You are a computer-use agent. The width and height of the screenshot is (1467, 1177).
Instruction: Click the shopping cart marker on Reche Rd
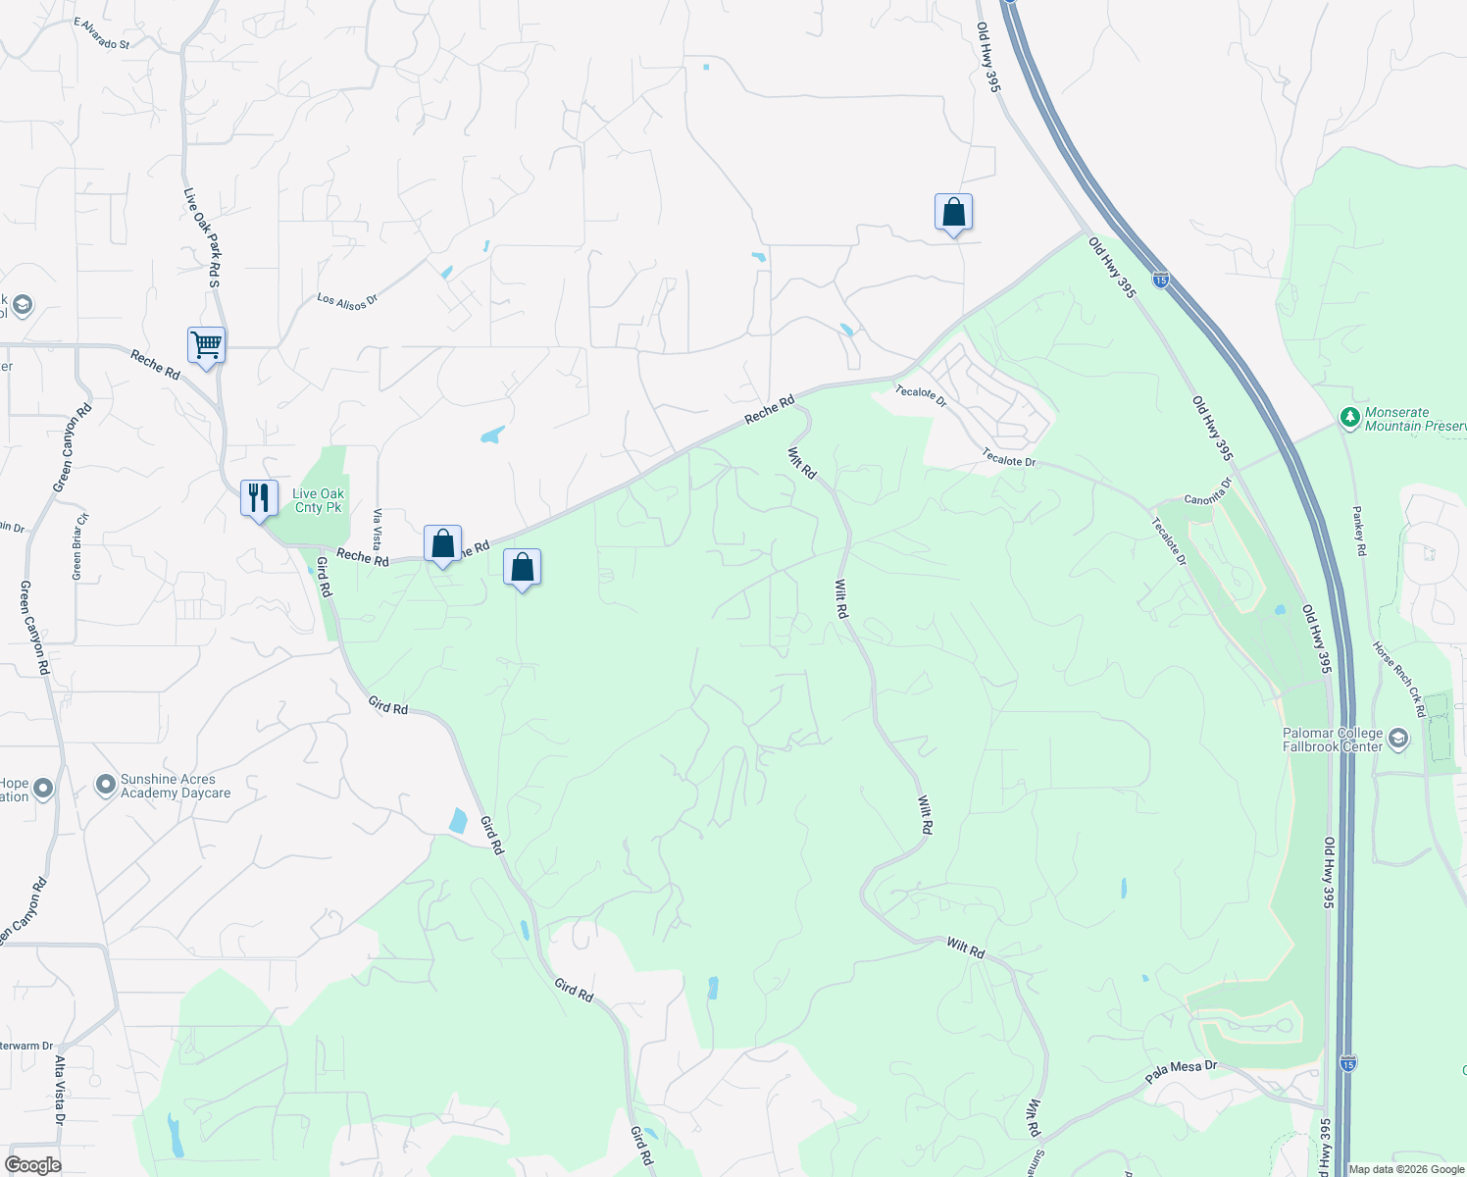point(206,345)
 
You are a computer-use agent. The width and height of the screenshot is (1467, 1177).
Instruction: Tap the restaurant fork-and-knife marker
point(259,498)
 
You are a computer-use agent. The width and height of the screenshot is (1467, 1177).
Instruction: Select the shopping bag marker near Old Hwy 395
point(953,213)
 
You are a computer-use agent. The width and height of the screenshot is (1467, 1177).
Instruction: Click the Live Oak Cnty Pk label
point(319,501)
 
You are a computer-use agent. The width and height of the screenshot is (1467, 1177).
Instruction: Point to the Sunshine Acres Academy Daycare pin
point(106,785)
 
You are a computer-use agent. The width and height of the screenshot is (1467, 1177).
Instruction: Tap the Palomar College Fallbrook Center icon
point(1397,739)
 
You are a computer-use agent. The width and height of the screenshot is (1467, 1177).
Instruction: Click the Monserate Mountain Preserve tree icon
point(1350,419)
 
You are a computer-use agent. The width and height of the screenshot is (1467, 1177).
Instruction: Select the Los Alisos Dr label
point(347,300)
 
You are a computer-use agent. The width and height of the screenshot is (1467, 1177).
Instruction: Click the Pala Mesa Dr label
point(1181,1072)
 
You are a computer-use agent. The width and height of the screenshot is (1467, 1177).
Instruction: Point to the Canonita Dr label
point(1207,492)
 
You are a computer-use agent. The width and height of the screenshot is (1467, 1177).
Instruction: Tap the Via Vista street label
point(378,530)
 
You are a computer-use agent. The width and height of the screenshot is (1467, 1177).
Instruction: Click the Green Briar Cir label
point(78,546)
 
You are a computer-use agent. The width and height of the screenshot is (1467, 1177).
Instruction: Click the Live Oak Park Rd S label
point(201,238)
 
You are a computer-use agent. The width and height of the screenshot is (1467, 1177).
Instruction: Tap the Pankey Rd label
point(1359,531)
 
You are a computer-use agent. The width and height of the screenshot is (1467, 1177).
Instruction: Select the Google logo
point(32,1165)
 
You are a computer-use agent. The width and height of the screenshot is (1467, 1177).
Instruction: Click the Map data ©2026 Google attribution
point(1406,1169)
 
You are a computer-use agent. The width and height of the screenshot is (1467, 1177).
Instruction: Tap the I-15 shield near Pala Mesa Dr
point(1348,1063)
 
